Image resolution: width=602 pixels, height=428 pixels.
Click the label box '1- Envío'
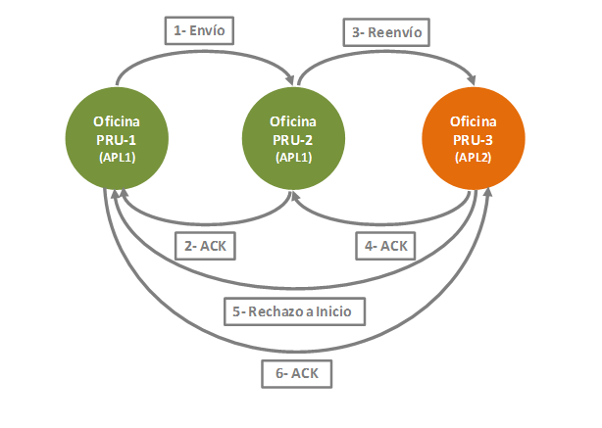pyautogui.click(x=199, y=30)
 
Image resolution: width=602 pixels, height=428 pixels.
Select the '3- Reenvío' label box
pyautogui.click(x=386, y=32)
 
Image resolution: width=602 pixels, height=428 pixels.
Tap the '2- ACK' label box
pyautogui.click(x=205, y=246)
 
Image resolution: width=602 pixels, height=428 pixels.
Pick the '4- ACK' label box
pyautogui.click(x=385, y=246)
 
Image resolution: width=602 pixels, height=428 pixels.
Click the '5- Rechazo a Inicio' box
pyautogui.click(x=294, y=311)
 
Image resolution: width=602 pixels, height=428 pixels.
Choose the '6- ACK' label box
pyautogui.click(x=297, y=373)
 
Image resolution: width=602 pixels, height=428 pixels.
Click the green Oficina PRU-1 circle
pyautogui.click(x=117, y=138)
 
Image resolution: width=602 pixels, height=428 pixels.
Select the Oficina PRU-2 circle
pyautogui.click(x=293, y=138)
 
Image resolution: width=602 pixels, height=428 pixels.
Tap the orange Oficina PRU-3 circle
pyautogui.click(x=474, y=138)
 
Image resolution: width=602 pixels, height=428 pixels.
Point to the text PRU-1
pyautogui.click(x=117, y=140)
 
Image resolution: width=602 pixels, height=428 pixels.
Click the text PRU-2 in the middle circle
pyautogui.click(x=293, y=140)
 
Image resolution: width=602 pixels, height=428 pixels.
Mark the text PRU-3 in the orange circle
pyautogui.click(x=473, y=140)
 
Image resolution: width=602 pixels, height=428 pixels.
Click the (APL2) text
pyautogui.click(x=473, y=158)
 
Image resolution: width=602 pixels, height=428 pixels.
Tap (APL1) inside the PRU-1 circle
pyautogui.click(x=117, y=158)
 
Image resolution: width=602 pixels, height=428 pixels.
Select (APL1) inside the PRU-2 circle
pyautogui.click(x=294, y=158)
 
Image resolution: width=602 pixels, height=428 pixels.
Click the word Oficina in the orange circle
pyautogui.click(x=473, y=121)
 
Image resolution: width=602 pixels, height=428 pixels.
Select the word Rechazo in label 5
pyautogui.click(x=276, y=311)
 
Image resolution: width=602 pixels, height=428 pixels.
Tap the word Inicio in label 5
pyautogui.click(x=333, y=311)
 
